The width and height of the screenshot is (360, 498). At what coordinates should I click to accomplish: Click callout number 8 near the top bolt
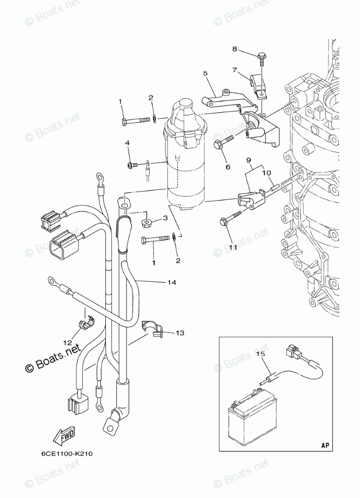tap(234, 49)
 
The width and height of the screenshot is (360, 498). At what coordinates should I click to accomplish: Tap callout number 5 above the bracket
tap(205, 74)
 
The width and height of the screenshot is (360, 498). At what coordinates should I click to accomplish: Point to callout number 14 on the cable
tap(172, 283)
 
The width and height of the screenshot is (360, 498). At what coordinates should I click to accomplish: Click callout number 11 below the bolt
tap(232, 247)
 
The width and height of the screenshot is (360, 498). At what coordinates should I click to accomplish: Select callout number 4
tap(128, 144)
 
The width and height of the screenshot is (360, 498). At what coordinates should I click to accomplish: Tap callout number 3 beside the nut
tap(165, 218)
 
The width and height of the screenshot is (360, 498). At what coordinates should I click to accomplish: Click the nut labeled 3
tap(146, 222)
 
